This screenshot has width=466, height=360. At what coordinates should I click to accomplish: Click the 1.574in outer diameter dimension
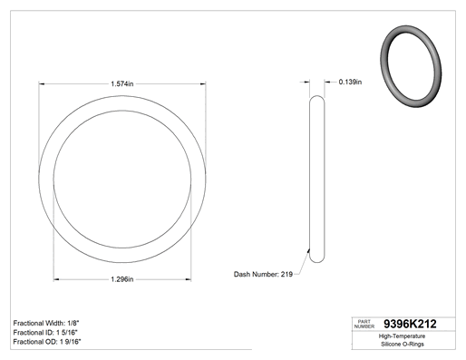122,83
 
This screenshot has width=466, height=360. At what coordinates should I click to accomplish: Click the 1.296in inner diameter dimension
122,279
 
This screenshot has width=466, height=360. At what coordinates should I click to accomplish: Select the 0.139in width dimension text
350,82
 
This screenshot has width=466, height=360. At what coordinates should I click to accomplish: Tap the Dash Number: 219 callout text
263,274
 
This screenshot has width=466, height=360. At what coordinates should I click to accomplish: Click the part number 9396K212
410,324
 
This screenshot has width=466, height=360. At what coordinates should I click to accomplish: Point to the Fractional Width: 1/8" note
46,323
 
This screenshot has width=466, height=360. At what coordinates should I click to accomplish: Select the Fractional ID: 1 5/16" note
45,333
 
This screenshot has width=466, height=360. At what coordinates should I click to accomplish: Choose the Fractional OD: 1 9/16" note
47,342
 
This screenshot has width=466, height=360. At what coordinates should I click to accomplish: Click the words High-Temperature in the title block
402,336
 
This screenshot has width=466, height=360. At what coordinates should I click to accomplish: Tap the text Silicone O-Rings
403,344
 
